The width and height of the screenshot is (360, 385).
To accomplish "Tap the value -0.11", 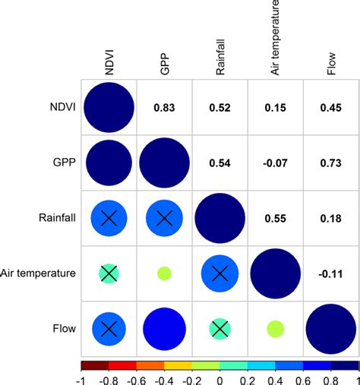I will pos(330,273).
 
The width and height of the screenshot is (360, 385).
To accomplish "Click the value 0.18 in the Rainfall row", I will pos(330,219).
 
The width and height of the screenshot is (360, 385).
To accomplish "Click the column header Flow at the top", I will pos(330,65).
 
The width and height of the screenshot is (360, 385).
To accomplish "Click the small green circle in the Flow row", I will pos(275,328).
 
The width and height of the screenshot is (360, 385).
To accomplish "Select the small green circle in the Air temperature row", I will pos(164,273).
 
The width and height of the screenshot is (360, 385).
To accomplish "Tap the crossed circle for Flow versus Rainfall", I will pos(219,328).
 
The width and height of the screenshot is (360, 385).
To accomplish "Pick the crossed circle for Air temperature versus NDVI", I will pos(109,273).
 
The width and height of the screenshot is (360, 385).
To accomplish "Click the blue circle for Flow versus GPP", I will pos(164,328).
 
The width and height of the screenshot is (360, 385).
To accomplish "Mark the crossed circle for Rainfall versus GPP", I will pos(164,219).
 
